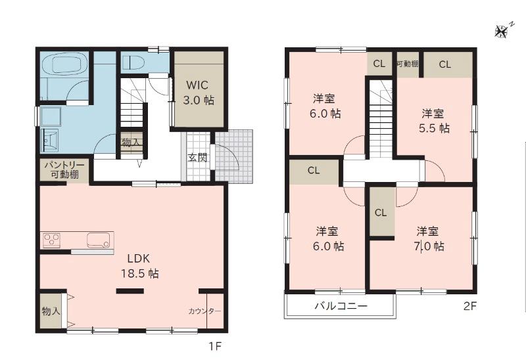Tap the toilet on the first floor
133,62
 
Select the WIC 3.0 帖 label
199,93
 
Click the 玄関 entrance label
197,157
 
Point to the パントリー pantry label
64,165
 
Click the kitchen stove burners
51,240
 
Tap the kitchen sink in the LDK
98,240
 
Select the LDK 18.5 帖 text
139,266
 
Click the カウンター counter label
204,311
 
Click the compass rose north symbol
501,32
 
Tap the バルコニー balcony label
341,305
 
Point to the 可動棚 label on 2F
408,64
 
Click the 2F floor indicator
469,306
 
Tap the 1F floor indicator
215,346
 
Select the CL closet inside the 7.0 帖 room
381,212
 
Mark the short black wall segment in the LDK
130,290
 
